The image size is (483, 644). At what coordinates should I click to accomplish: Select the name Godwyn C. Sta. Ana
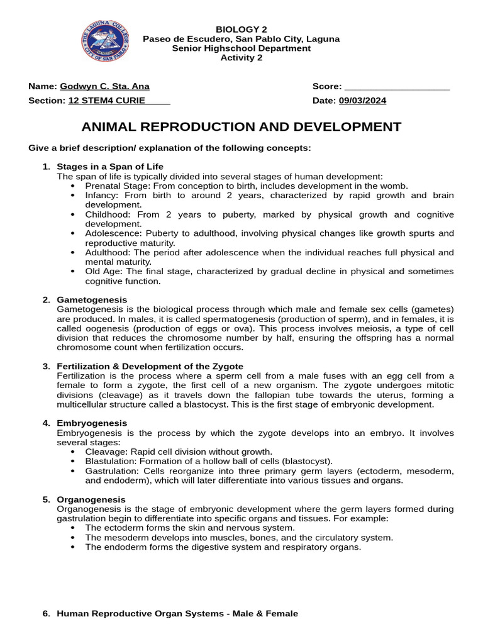[x=104, y=86]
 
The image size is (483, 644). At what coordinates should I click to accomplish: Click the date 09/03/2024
[x=363, y=101]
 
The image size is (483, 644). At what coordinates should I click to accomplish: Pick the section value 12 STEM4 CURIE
[x=107, y=101]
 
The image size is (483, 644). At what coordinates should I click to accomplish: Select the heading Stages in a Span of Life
[x=110, y=167]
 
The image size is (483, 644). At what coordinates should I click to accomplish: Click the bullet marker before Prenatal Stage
[x=74, y=186]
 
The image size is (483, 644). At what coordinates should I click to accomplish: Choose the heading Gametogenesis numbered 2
[x=92, y=300]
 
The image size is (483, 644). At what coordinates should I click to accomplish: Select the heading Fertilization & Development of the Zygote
[x=150, y=366]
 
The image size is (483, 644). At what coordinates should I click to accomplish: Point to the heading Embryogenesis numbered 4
[x=92, y=423]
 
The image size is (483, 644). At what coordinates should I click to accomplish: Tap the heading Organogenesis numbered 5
[x=91, y=499]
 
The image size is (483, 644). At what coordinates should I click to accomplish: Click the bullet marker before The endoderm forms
[x=74, y=547]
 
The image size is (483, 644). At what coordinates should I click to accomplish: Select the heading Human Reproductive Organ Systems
[x=177, y=613]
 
